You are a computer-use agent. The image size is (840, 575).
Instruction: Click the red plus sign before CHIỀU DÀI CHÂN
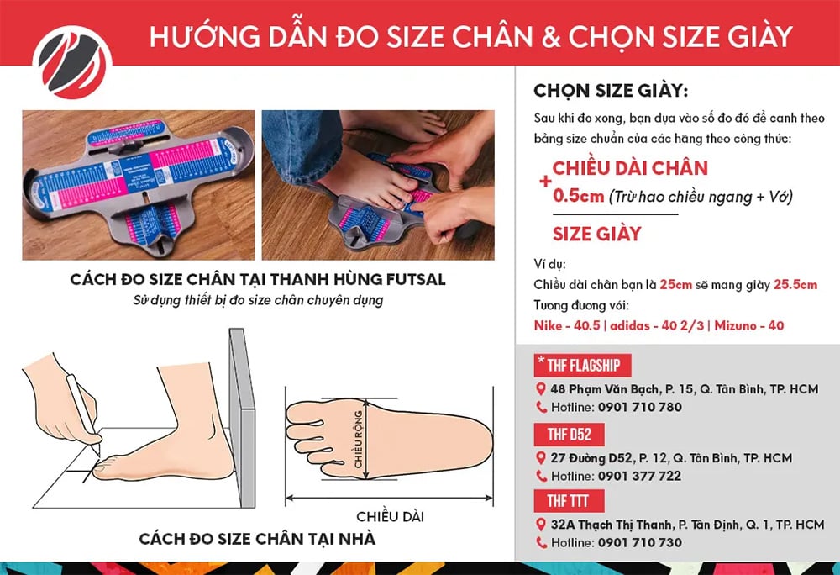tap(545, 181)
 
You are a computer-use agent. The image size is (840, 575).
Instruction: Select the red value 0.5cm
tap(578, 196)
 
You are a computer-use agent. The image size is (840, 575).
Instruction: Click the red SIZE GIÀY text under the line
tap(596, 233)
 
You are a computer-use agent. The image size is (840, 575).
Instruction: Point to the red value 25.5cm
tap(795, 285)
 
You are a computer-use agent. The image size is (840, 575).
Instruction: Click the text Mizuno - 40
tap(750, 324)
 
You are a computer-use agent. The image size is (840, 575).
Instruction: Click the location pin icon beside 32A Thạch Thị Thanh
tap(542, 525)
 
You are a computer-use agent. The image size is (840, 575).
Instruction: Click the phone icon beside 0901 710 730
tap(542, 543)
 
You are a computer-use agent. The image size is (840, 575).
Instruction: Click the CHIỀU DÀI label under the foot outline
tap(386, 514)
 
